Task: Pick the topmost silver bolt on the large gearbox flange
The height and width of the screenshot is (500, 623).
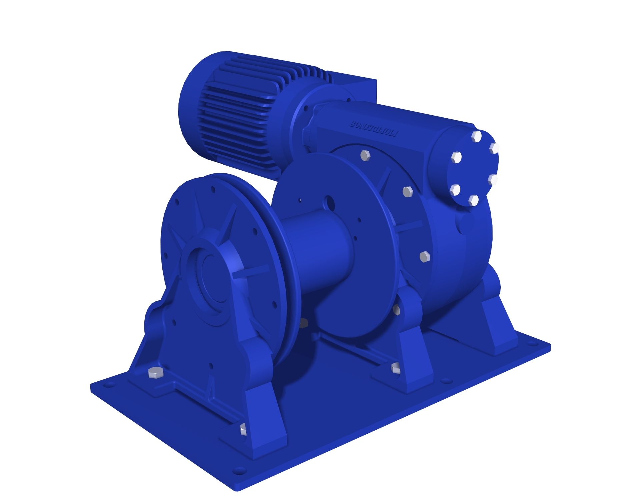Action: point(366,156)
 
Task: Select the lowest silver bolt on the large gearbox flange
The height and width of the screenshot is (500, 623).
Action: point(424,256)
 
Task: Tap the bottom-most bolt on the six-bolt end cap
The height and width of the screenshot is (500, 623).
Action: point(473,200)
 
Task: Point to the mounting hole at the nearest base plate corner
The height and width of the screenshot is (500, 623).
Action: point(237,471)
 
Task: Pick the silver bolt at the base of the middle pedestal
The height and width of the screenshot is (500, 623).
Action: point(396,368)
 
